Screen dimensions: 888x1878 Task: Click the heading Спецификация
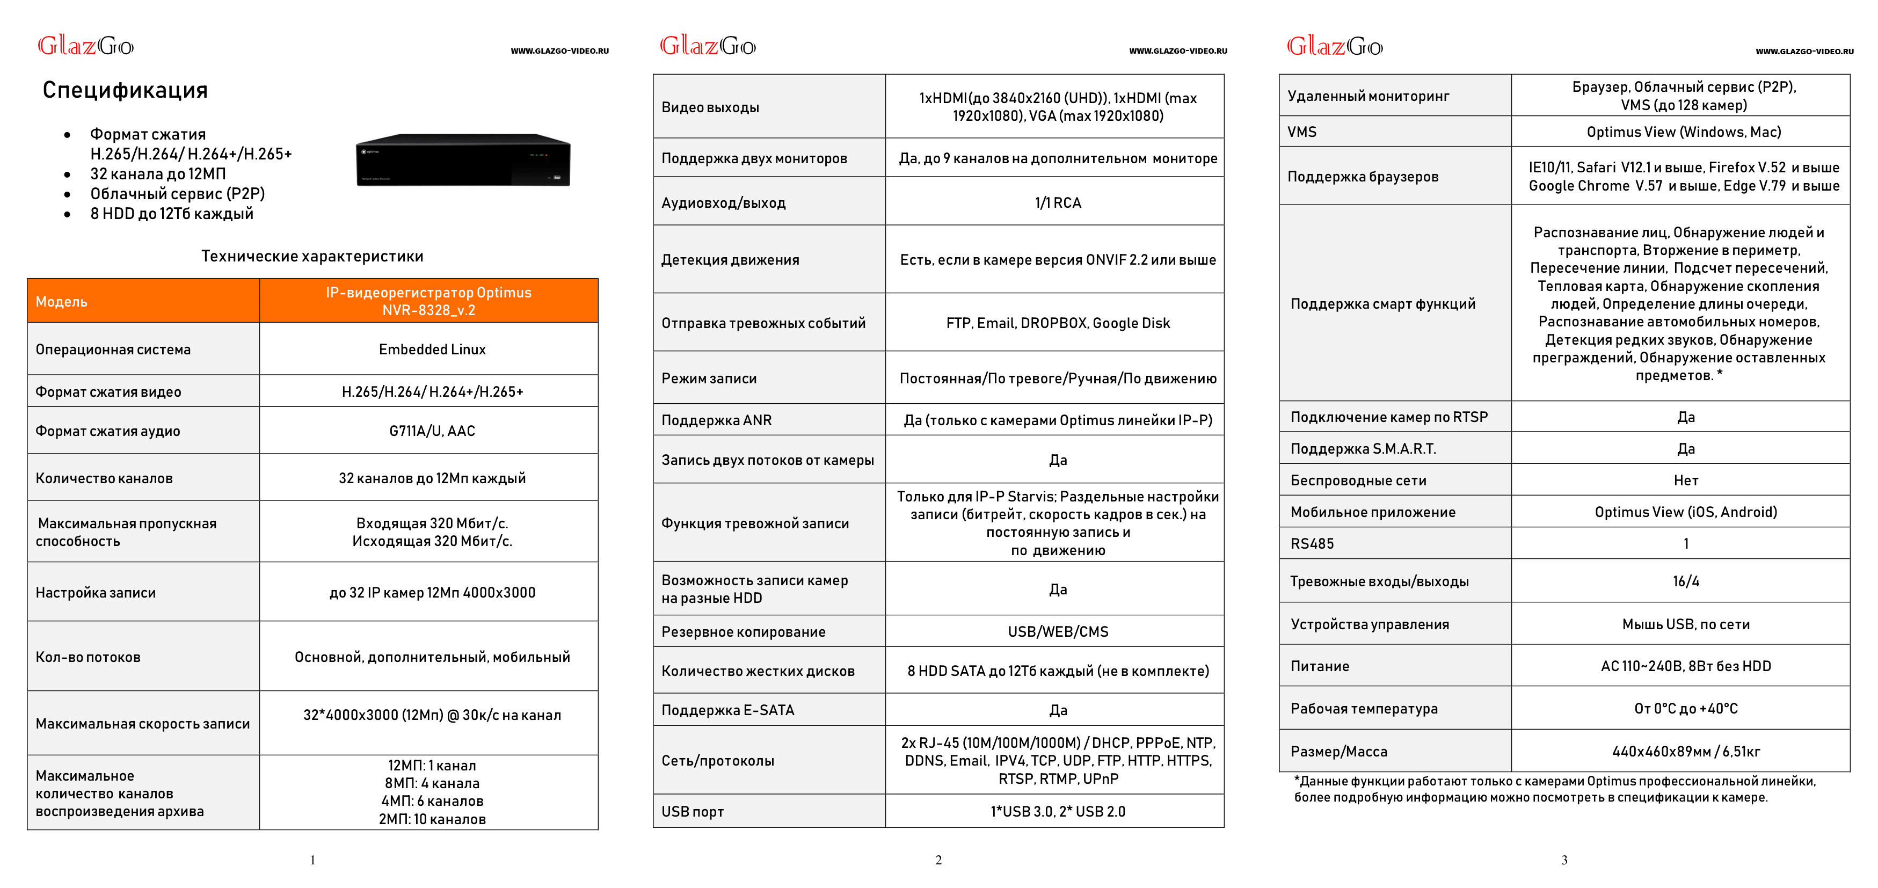point(125,90)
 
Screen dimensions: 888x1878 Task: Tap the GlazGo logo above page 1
point(85,46)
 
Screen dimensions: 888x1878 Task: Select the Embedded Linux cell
point(432,349)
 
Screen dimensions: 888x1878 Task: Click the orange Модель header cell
point(143,301)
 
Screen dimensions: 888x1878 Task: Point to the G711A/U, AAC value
point(432,431)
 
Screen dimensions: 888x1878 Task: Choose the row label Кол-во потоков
point(88,657)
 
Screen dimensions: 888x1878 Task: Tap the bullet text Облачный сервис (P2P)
point(177,194)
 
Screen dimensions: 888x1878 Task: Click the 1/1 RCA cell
point(1057,203)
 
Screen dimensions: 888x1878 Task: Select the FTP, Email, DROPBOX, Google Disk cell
point(1057,323)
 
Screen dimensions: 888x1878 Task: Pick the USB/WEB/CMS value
point(1057,631)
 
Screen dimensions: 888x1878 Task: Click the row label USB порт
point(692,811)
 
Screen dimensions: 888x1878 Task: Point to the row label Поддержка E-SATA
point(727,710)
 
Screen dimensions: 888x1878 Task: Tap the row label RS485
point(1312,544)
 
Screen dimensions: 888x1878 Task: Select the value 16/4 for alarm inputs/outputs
point(1686,581)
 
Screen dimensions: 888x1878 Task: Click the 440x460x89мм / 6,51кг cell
point(1686,752)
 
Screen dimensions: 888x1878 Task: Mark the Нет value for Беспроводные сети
point(1686,481)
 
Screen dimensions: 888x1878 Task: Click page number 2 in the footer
point(938,860)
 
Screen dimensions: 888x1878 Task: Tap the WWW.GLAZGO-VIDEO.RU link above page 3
point(1803,52)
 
